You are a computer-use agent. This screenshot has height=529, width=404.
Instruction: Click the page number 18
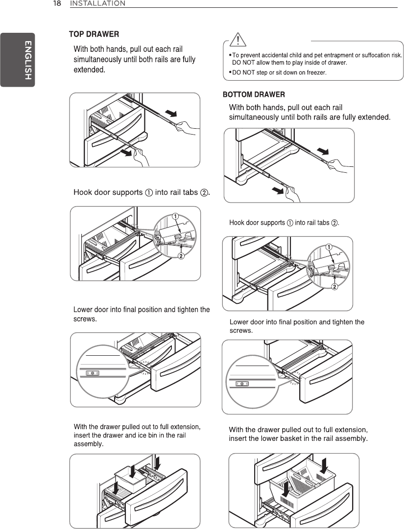57,3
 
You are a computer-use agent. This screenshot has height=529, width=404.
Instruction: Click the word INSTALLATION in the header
97,3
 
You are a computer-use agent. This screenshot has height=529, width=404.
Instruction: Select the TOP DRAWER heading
94,34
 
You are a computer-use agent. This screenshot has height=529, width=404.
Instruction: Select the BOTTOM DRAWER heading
254,94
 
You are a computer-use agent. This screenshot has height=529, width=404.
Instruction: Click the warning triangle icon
238,39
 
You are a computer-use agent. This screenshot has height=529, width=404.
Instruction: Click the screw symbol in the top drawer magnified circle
93,373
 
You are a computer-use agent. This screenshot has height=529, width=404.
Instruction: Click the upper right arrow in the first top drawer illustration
170,114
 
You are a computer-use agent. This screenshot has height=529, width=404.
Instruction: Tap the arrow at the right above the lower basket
324,469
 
